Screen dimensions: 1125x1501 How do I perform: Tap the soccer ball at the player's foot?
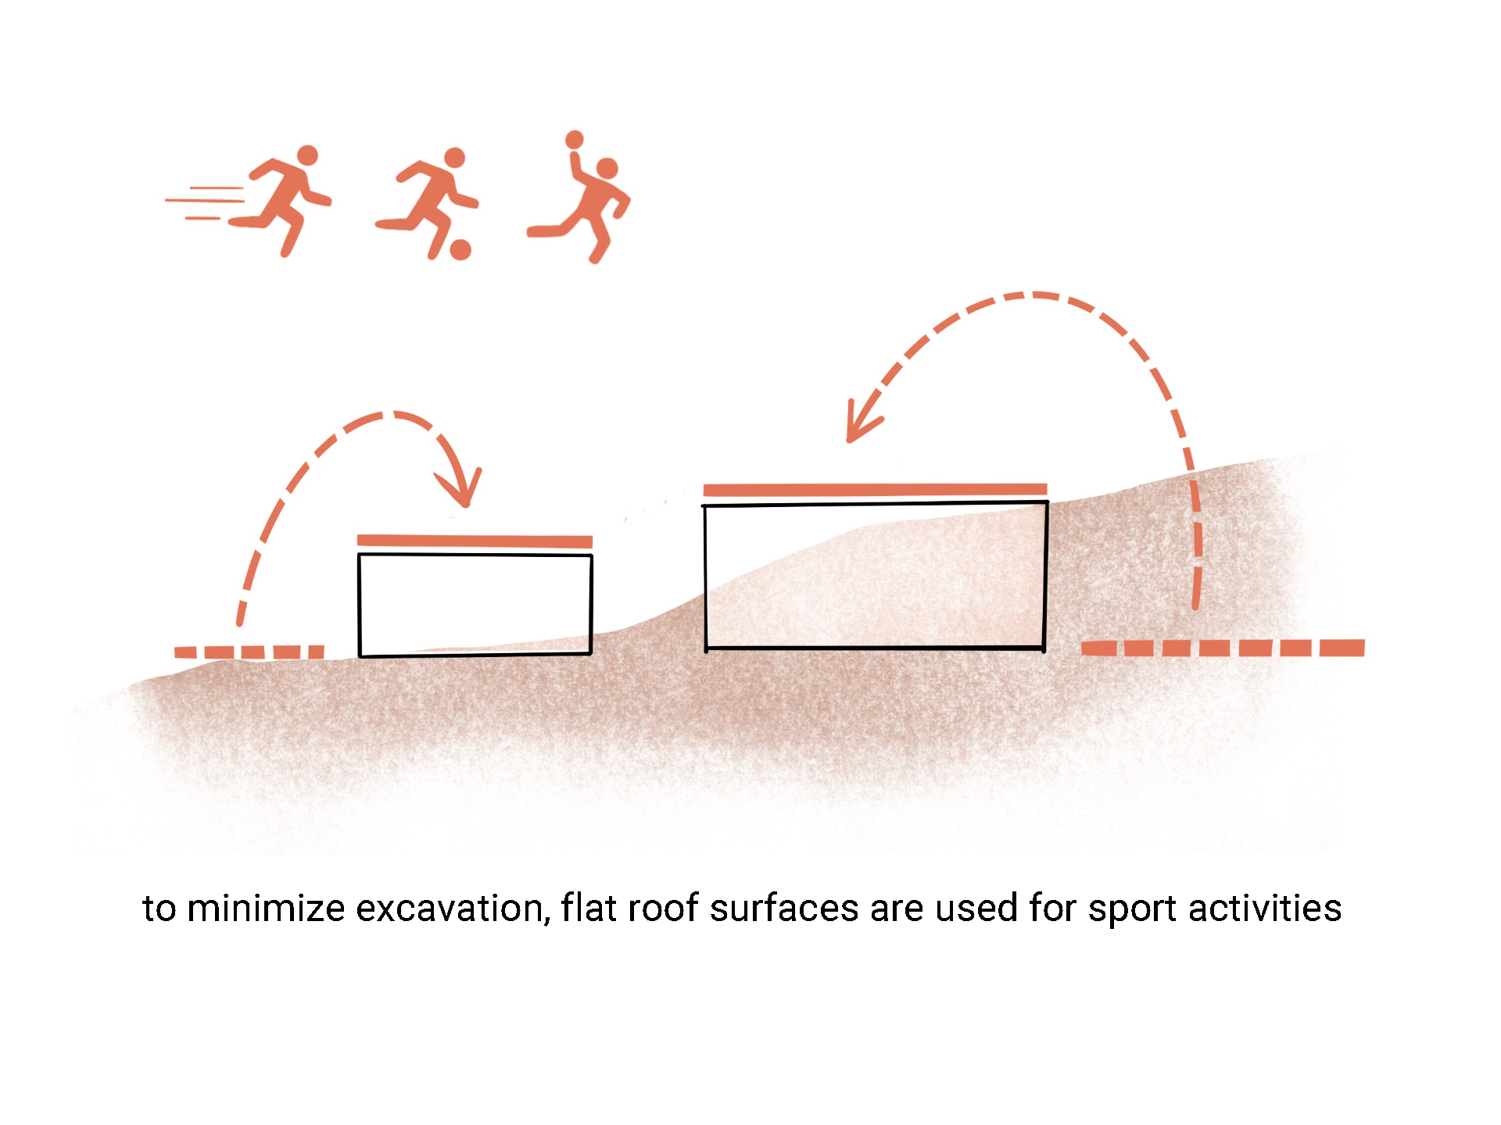tap(460, 249)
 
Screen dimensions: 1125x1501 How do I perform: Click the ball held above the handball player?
tap(575, 140)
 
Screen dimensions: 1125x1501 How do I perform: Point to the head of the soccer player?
tap(454, 158)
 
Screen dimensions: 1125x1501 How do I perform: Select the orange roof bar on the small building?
tap(475, 541)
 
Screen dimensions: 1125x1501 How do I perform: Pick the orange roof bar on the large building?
tap(875, 490)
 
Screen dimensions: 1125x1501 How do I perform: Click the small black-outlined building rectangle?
tap(475, 605)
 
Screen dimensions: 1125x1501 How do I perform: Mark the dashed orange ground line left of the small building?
tap(249, 652)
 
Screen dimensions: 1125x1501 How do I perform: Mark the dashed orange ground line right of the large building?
tap(1223, 648)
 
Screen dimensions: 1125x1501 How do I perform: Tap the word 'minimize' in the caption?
tap(266, 909)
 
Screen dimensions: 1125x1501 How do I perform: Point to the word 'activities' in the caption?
tap(1264, 909)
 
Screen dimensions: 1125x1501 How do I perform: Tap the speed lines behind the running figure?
tap(205, 202)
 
